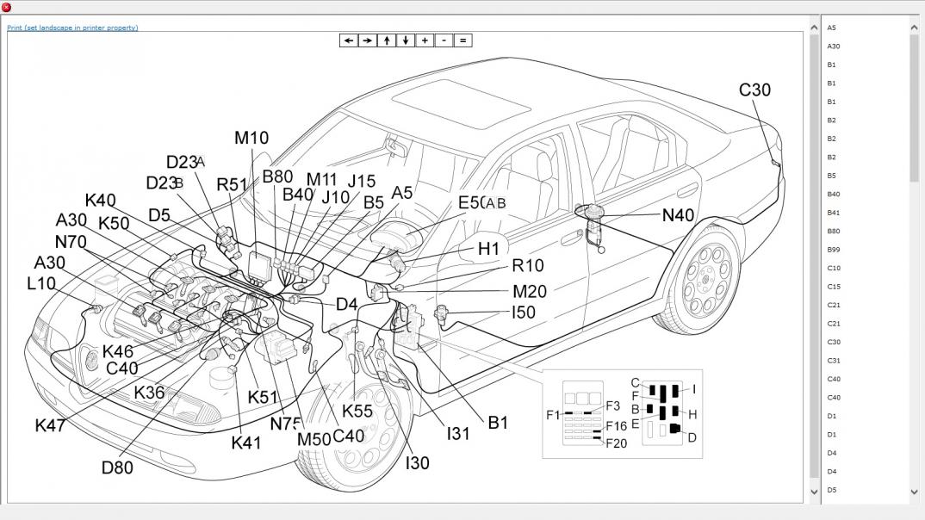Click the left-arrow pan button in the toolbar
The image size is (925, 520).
coord(348,40)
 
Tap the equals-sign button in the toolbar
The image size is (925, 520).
coord(462,40)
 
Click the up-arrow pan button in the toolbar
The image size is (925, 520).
coord(387,40)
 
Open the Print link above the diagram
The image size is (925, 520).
coord(72,28)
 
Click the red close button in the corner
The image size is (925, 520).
coord(7,7)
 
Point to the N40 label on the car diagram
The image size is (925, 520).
coord(678,215)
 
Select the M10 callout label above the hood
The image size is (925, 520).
coord(251,138)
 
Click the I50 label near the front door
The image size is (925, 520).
coord(524,313)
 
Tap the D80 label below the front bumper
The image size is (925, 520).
coord(117,468)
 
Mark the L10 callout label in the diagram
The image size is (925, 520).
coord(41,283)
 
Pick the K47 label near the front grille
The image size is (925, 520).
coord(50,425)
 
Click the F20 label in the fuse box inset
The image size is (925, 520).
coord(616,443)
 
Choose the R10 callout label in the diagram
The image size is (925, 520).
coord(527,266)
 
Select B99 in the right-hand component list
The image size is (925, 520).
coord(833,250)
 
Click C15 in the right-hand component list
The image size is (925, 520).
coord(834,287)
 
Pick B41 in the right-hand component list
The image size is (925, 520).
coord(833,213)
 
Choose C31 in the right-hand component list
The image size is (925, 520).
coord(834,361)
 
